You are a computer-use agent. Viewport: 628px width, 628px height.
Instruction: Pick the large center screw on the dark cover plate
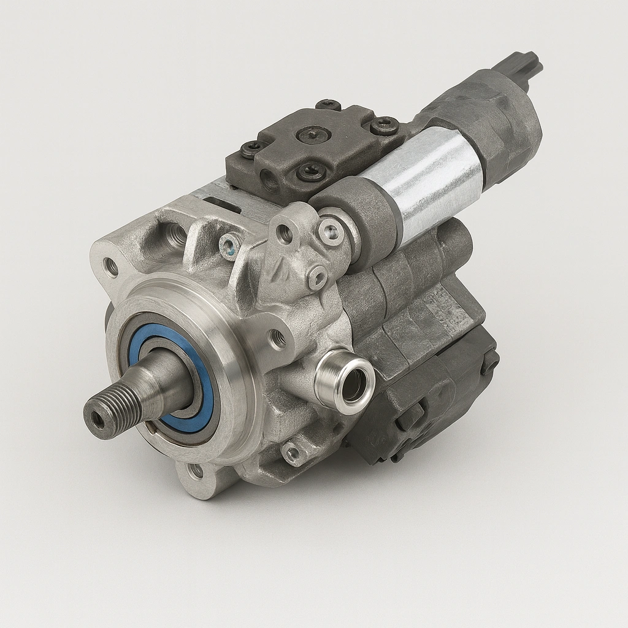[313, 134]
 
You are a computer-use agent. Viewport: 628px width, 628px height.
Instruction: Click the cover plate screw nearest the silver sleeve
[385, 126]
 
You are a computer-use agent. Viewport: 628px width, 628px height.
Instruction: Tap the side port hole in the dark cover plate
[269, 180]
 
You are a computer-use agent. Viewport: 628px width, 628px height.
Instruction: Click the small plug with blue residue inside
[230, 246]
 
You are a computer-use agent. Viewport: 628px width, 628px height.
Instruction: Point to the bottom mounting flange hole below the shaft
[196, 471]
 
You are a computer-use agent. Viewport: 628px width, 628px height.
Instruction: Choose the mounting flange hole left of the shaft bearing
[111, 267]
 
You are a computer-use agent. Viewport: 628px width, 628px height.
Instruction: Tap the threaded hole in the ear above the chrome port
[277, 338]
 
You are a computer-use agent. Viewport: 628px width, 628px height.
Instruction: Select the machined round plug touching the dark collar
[331, 232]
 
